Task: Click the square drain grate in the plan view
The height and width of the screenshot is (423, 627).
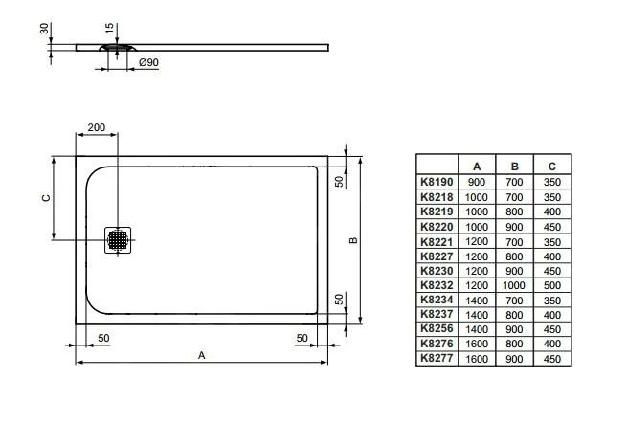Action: [119, 239]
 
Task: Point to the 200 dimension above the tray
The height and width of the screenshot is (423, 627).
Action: [97, 127]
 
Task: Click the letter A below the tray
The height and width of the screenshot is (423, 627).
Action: [201, 354]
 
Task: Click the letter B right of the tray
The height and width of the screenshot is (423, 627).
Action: [353, 240]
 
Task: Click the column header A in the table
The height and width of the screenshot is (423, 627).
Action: [476, 166]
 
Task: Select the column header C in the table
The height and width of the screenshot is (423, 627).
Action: [550, 166]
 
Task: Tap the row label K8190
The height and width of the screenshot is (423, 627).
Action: [437, 181]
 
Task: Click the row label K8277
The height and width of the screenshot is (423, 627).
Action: [437, 358]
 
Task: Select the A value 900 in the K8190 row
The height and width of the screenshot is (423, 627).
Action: [476, 181]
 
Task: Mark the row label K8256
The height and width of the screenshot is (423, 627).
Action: [437, 328]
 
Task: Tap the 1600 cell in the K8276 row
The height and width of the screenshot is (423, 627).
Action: [476, 344]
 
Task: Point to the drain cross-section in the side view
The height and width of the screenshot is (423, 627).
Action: [117, 45]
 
